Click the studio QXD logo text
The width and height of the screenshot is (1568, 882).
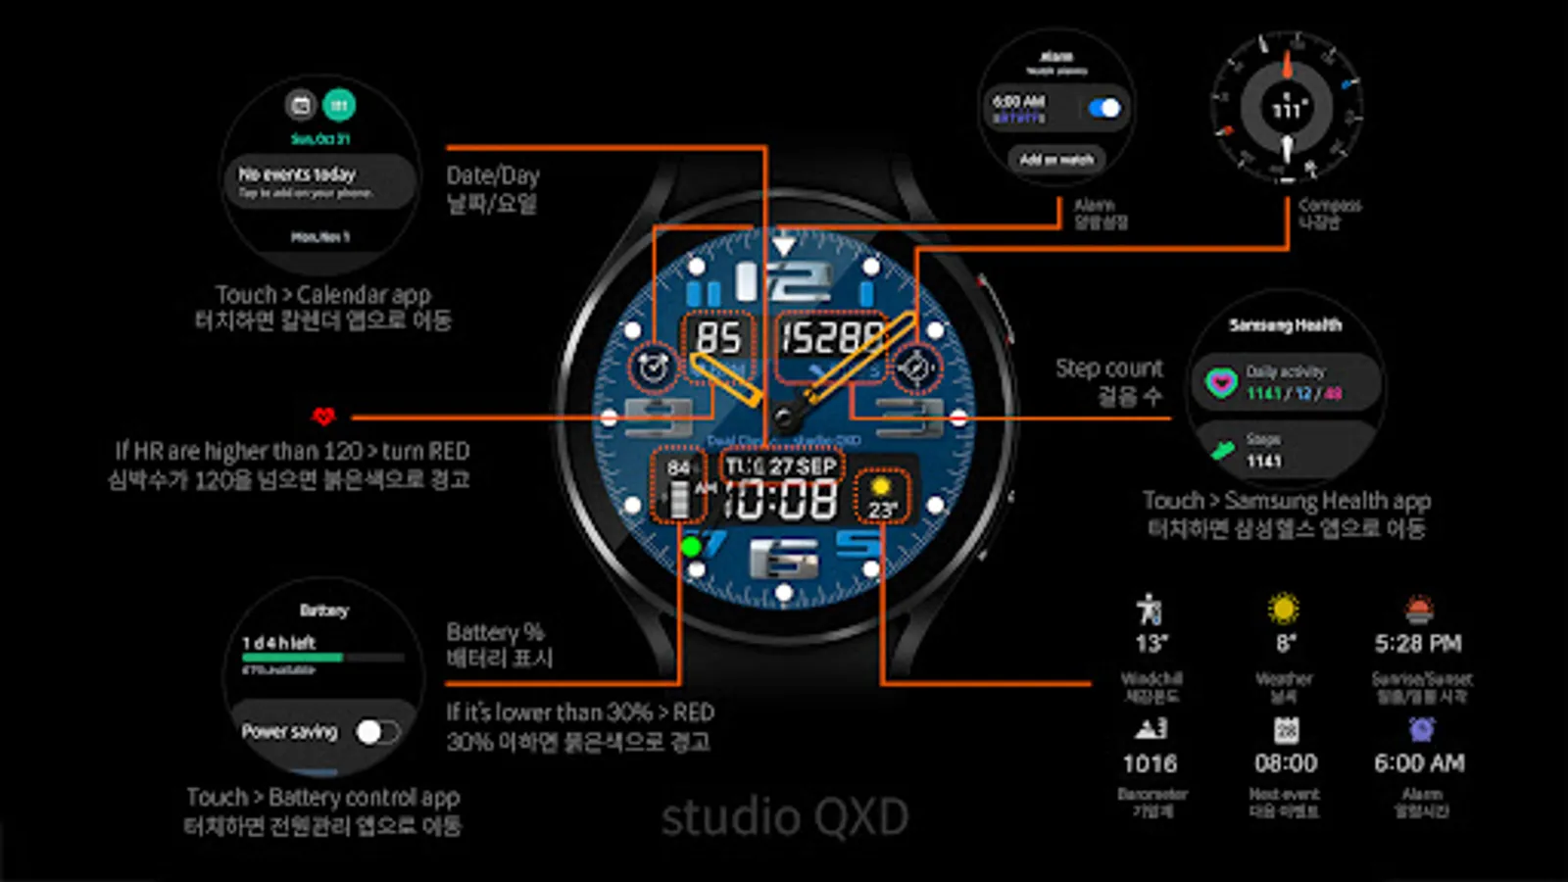pyautogui.click(x=784, y=817)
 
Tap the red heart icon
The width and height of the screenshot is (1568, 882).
pyautogui.click(x=323, y=416)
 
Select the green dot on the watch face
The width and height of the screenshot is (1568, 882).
pyautogui.click(x=691, y=547)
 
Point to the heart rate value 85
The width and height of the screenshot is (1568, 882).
pyautogui.click(x=718, y=338)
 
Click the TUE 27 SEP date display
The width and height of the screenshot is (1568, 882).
pyautogui.click(x=781, y=466)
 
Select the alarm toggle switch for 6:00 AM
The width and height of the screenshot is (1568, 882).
pyautogui.click(x=1104, y=108)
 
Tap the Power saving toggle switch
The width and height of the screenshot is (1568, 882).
pyautogui.click(x=376, y=732)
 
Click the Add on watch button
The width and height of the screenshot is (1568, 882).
pyautogui.click(x=1056, y=160)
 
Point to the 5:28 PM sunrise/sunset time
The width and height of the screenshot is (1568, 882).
pyautogui.click(x=1418, y=644)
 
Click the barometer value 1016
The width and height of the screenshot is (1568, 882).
pyautogui.click(x=1150, y=763)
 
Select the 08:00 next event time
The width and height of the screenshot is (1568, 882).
pyautogui.click(x=1285, y=763)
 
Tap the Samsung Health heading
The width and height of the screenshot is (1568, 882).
pyautogui.click(x=1285, y=325)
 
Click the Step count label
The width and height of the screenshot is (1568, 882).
pyautogui.click(x=1108, y=368)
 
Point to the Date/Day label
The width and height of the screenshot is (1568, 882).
pyautogui.click(x=493, y=176)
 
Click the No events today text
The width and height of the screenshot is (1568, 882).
pyautogui.click(x=297, y=174)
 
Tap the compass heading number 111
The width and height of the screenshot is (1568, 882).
pyautogui.click(x=1287, y=110)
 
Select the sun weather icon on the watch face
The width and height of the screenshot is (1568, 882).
pyautogui.click(x=880, y=487)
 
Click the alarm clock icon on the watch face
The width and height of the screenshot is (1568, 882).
pyautogui.click(x=653, y=367)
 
